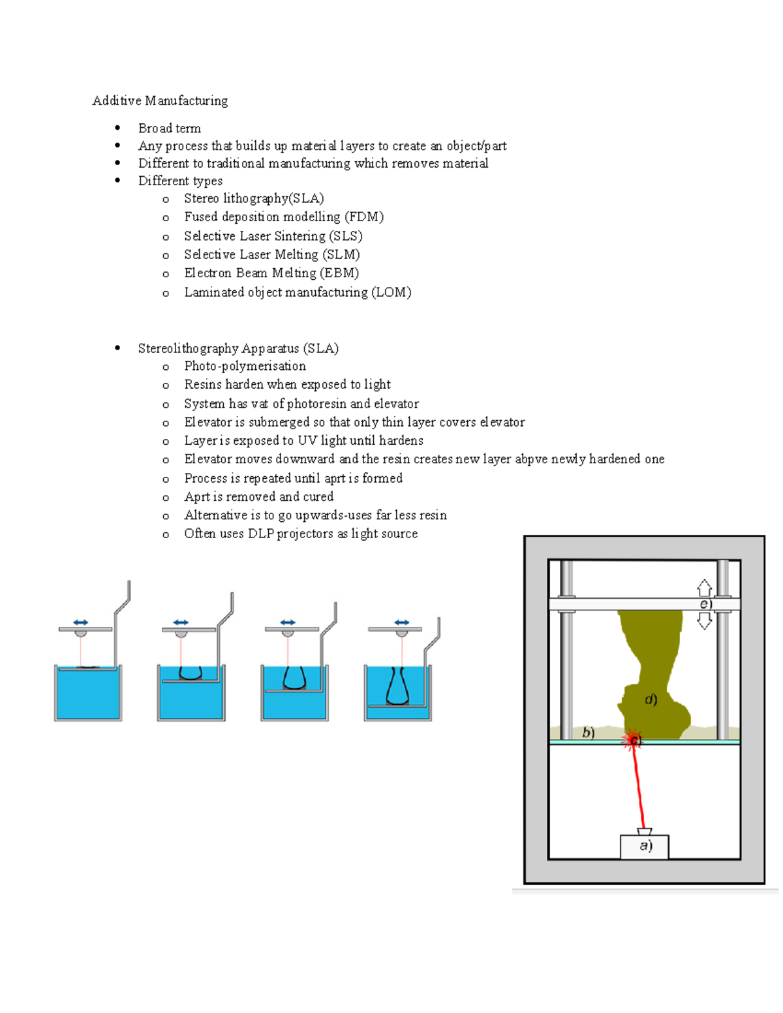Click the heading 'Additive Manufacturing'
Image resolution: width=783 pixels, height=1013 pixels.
pos(160,100)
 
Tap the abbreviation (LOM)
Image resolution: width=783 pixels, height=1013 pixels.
pos(391,292)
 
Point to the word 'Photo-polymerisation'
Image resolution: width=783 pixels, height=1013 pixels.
pos(245,366)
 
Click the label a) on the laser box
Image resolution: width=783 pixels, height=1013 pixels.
pos(645,846)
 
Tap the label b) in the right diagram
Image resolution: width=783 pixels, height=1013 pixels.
pos(588,733)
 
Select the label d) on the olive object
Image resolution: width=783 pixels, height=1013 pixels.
pos(651,700)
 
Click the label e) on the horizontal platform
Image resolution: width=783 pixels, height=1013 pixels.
pos(705,604)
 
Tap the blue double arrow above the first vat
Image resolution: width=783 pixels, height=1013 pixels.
pos(80,622)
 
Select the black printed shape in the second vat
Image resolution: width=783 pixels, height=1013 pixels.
pos(190,673)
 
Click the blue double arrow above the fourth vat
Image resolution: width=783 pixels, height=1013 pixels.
pos(402,622)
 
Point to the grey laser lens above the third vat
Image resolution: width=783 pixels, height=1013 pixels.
pos(288,633)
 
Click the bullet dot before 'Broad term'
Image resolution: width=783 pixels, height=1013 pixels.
pos(117,128)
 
